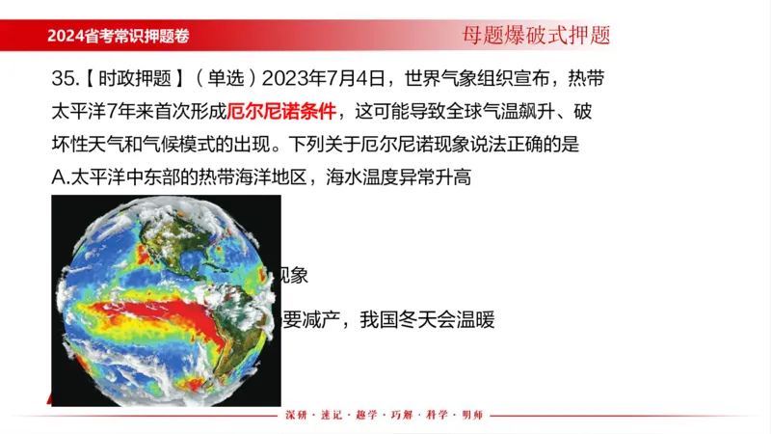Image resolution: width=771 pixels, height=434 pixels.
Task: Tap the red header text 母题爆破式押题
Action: pos(536,36)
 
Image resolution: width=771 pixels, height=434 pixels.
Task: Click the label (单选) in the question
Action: pos(226,77)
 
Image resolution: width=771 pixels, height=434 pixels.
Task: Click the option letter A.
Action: pos(57,177)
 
